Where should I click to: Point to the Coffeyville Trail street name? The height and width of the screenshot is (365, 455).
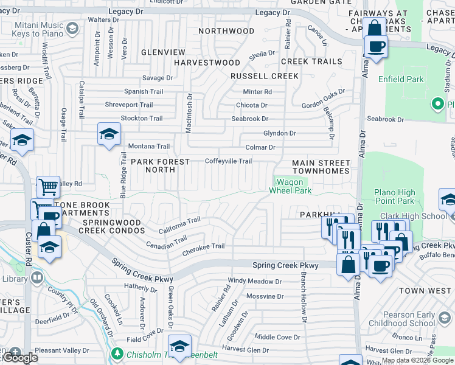(228, 161)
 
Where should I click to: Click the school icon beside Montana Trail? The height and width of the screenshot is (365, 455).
(108, 134)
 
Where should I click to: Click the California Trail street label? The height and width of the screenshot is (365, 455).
(179, 226)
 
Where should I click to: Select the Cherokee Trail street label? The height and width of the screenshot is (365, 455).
(204, 246)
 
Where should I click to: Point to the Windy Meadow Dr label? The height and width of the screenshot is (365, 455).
(255, 282)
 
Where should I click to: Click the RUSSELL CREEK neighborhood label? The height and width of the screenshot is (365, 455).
(264, 76)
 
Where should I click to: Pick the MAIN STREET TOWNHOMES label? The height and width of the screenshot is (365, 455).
(321, 167)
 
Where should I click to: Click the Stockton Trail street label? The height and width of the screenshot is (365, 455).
(142, 118)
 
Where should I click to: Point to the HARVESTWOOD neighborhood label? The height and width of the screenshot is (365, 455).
(207, 63)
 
